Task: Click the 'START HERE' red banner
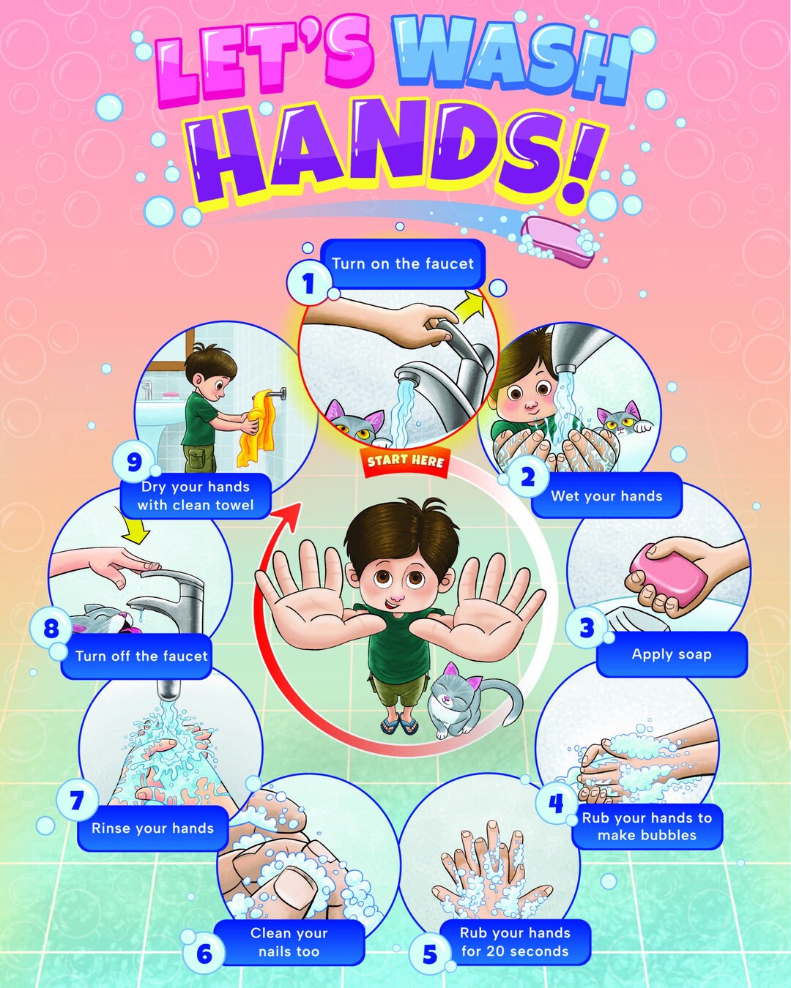[x=405, y=461]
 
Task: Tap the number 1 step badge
[x=308, y=282]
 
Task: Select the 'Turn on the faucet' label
[x=403, y=263]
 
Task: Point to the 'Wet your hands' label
[x=606, y=496]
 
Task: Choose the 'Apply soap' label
[x=672, y=654]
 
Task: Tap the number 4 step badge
[x=556, y=804]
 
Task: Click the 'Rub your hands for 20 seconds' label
[x=514, y=942]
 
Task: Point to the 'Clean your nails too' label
[x=289, y=942]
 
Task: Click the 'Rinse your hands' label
[x=152, y=828]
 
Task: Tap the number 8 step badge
[x=51, y=629]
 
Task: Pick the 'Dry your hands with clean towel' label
[x=196, y=495]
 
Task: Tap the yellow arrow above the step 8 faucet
[x=136, y=530]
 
